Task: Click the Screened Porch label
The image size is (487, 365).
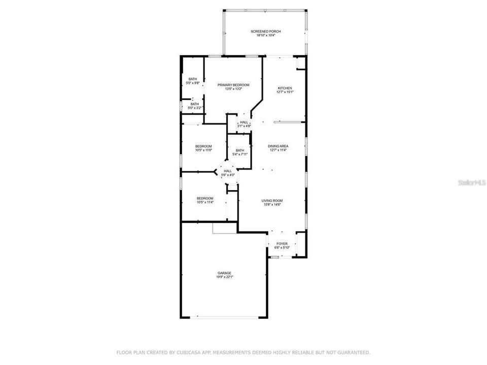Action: (x=265, y=31)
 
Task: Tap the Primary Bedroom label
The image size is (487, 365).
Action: (x=233, y=85)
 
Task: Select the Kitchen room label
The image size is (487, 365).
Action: (x=285, y=88)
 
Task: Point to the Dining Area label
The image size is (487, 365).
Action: (x=277, y=146)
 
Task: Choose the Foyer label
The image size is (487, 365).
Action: (x=282, y=244)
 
